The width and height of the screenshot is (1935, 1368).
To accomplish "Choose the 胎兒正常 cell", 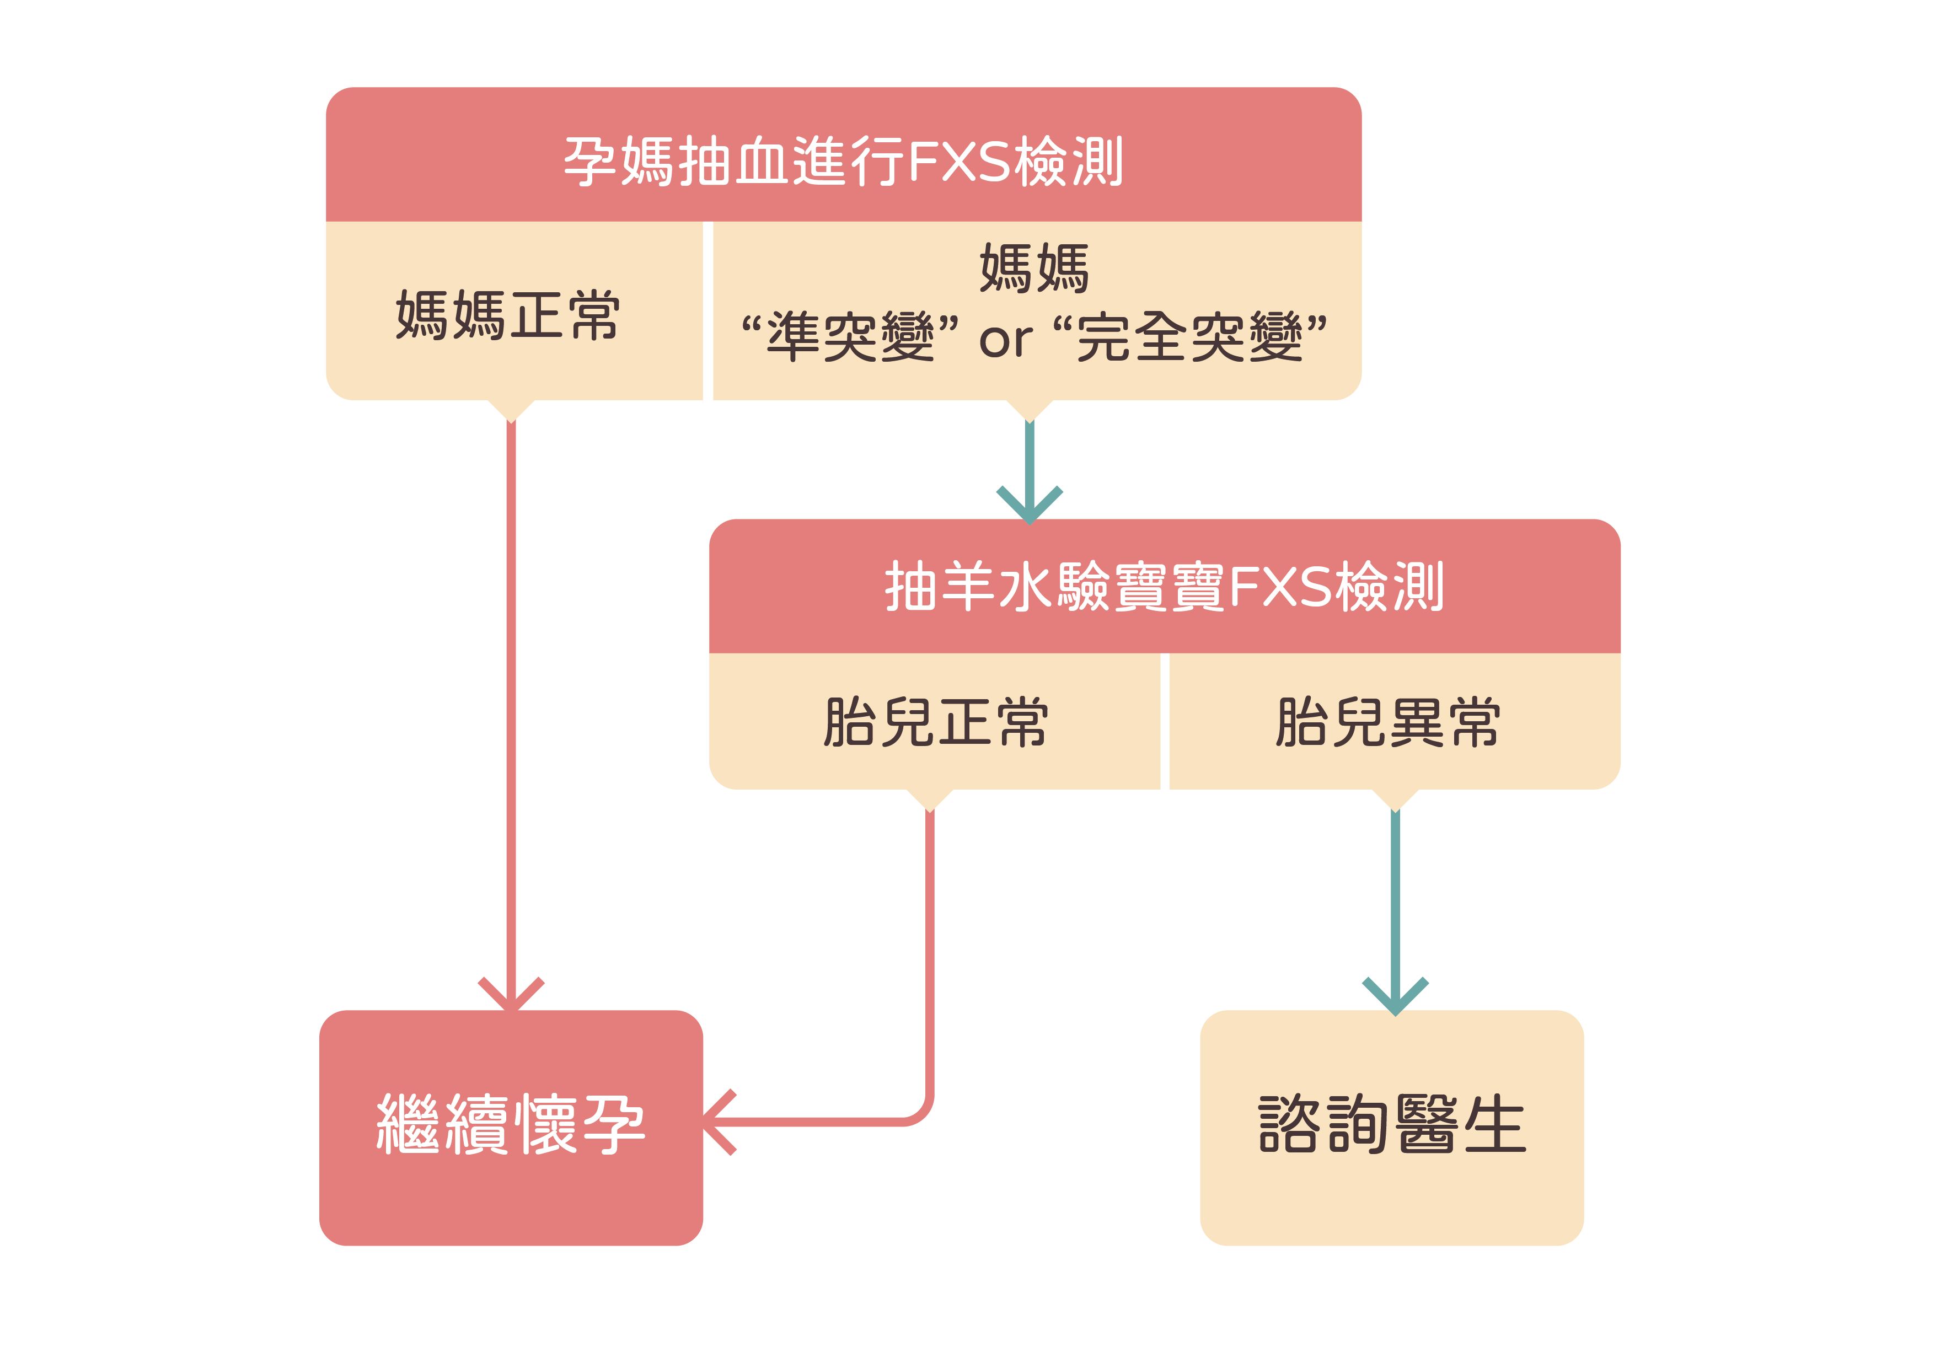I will click(x=935, y=722).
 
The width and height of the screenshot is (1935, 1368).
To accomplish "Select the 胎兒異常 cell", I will click(x=1387, y=722).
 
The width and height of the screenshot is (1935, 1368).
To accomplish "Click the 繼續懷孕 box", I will click(x=511, y=1126).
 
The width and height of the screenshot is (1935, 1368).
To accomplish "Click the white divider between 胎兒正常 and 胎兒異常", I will click(x=1165, y=722).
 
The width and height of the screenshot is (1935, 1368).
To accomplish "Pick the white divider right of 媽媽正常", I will click(x=708, y=312).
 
